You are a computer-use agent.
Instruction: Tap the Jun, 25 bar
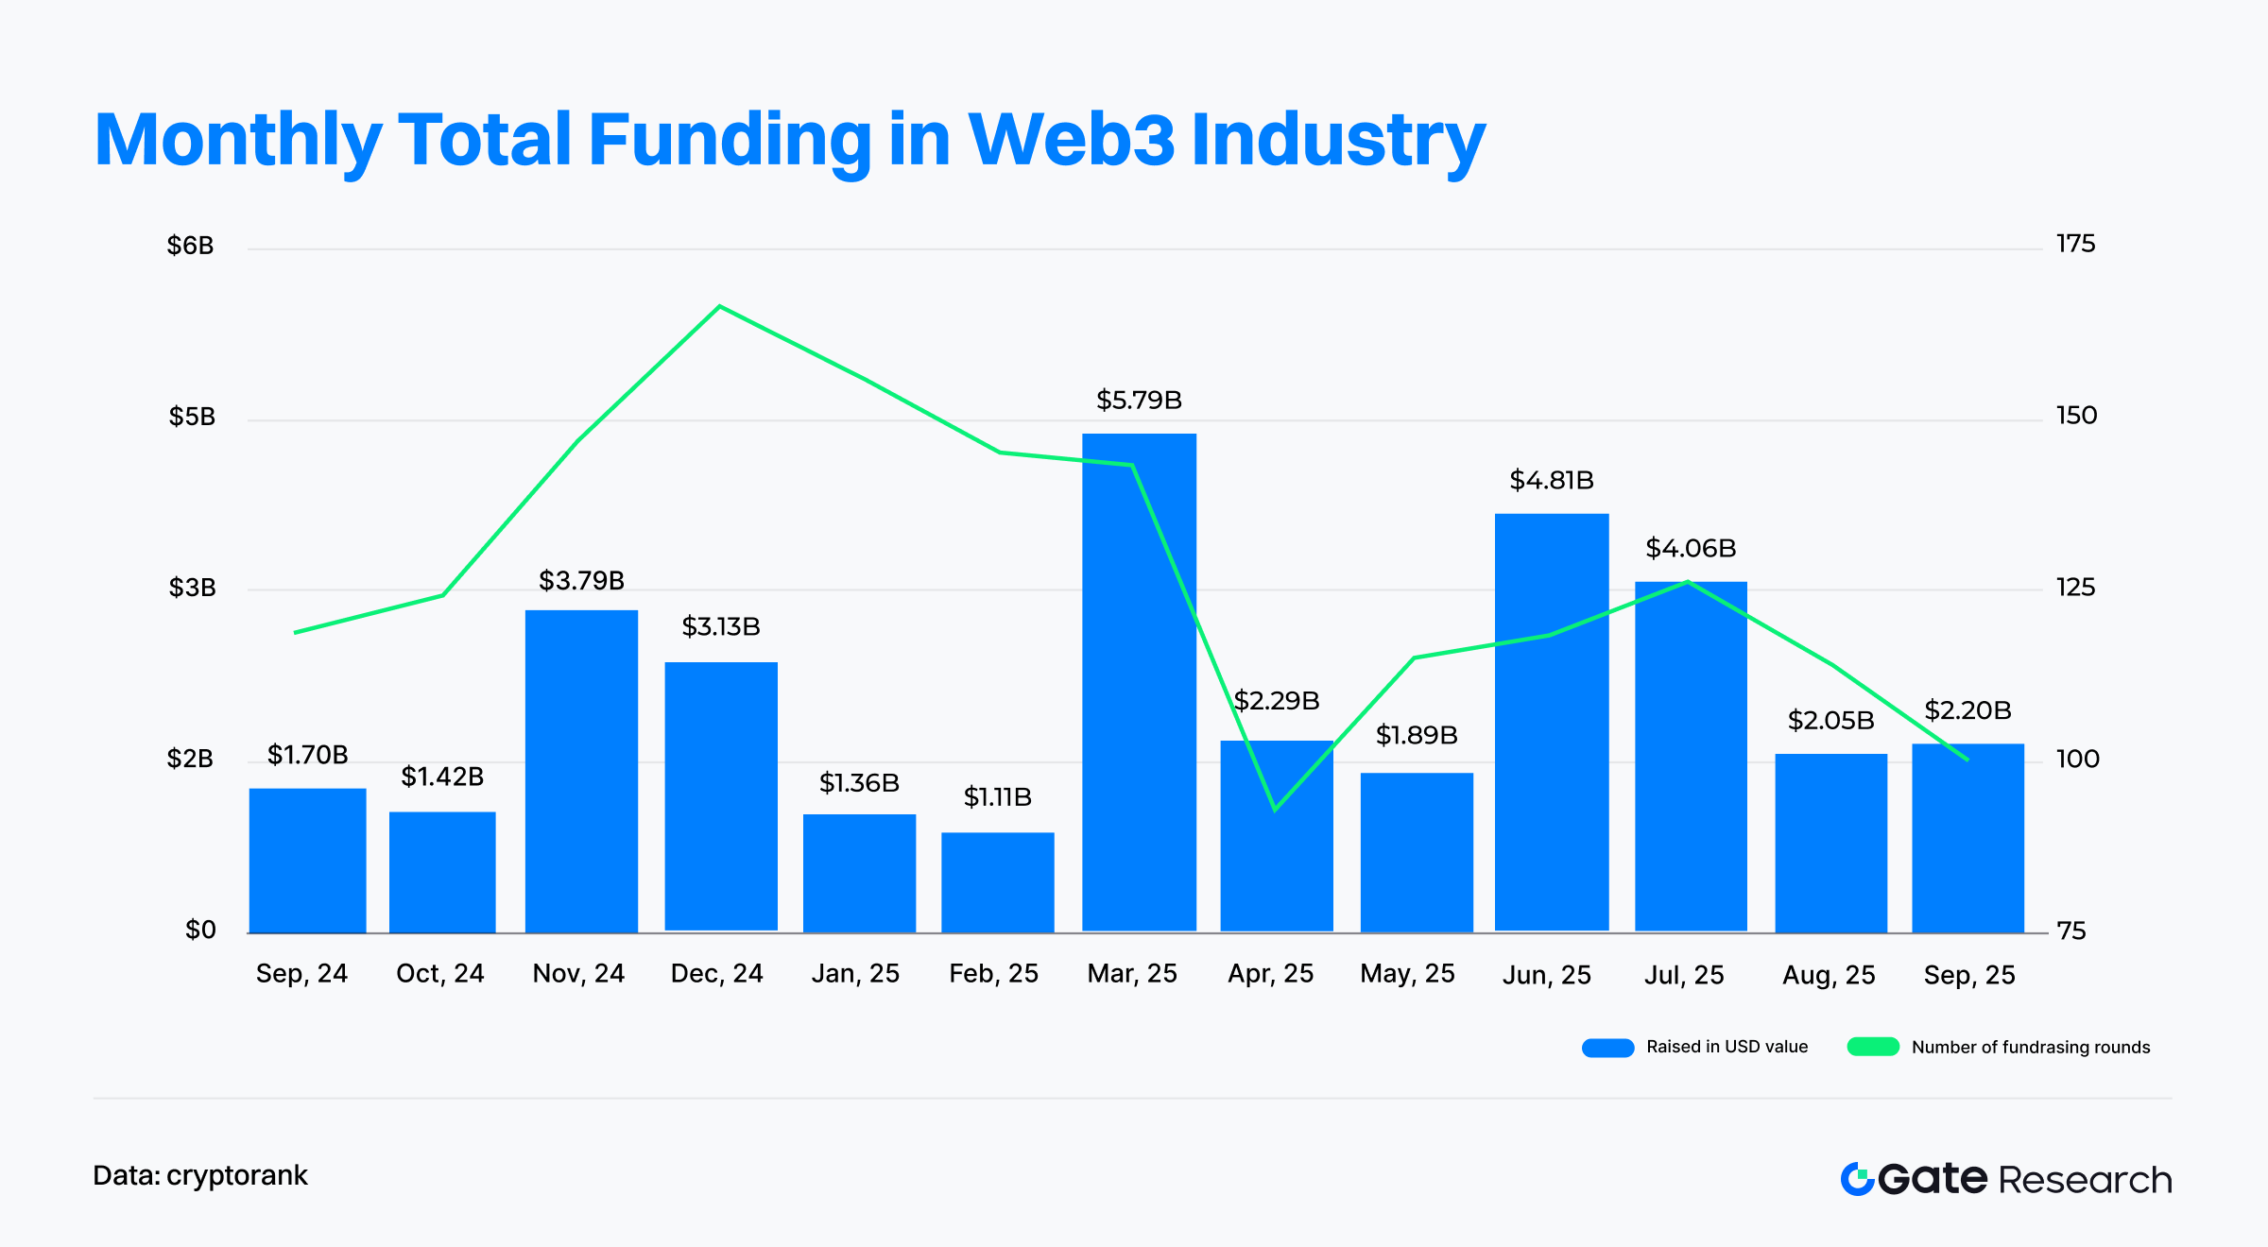point(1551,723)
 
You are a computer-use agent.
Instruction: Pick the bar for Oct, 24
point(442,871)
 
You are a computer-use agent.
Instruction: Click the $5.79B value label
point(1139,401)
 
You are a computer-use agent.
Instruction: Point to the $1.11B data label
point(997,797)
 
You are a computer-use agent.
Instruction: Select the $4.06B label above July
point(1691,549)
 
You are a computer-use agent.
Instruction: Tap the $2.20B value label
point(1967,710)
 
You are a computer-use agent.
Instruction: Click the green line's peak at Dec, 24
point(719,306)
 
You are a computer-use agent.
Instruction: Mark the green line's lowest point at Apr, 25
point(1275,810)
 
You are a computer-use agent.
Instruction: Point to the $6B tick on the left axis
point(190,247)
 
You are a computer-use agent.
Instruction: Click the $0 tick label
point(200,931)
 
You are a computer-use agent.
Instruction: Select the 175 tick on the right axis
point(2075,245)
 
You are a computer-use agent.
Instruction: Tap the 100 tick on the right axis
point(2077,759)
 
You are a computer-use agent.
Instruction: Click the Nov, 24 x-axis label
point(578,974)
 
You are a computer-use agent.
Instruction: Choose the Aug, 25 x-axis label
point(1829,976)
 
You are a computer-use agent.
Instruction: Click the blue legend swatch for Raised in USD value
point(1607,1048)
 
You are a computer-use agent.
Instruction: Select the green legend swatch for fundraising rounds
point(1873,1047)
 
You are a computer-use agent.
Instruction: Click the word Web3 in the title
point(1071,140)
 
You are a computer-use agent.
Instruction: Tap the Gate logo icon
point(1857,1179)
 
